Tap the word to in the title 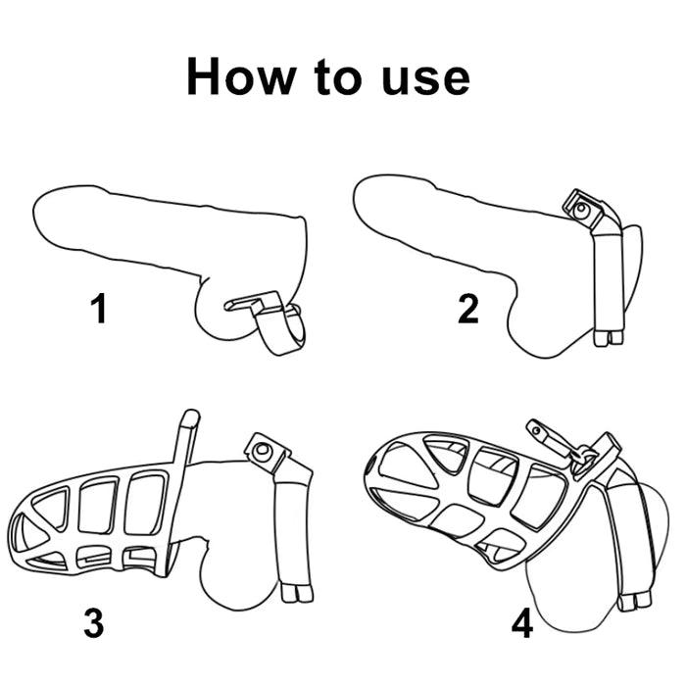[338, 77]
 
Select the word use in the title [425, 79]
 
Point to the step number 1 [99, 309]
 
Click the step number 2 [468, 309]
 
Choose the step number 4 [522, 623]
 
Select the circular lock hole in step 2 [581, 208]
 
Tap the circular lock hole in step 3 [263, 449]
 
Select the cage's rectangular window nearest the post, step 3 [146, 504]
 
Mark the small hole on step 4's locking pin [536, 430]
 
